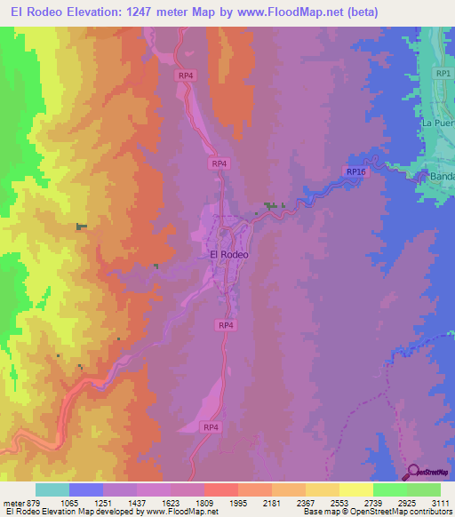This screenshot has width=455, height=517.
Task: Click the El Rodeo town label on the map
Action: pos(228,254)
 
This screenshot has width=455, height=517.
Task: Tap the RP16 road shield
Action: pos(355,171)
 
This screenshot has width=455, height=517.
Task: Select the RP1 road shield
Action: pos(443,74)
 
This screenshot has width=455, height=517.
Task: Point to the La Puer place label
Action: pos(438,123)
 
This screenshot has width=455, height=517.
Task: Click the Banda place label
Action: pos(442,176)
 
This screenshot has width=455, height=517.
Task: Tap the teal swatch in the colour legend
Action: pos(52,489)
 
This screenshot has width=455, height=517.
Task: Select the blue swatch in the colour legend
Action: pos(86,489)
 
